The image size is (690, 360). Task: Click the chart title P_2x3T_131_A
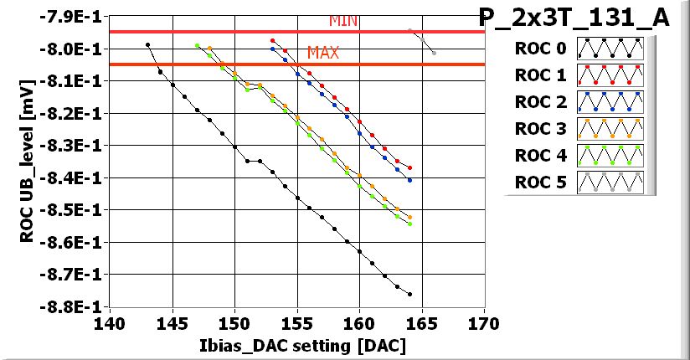pos(574,18)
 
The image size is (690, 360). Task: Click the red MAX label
pos(323,53)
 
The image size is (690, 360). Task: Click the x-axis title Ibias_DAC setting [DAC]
pos(297,345)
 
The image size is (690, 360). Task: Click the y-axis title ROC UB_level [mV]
pos(28,162)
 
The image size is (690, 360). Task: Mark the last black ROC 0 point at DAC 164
pos(409,294)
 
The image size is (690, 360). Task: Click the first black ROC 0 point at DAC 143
pos(147,44)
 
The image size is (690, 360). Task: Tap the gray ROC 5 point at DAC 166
pos(434,53)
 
